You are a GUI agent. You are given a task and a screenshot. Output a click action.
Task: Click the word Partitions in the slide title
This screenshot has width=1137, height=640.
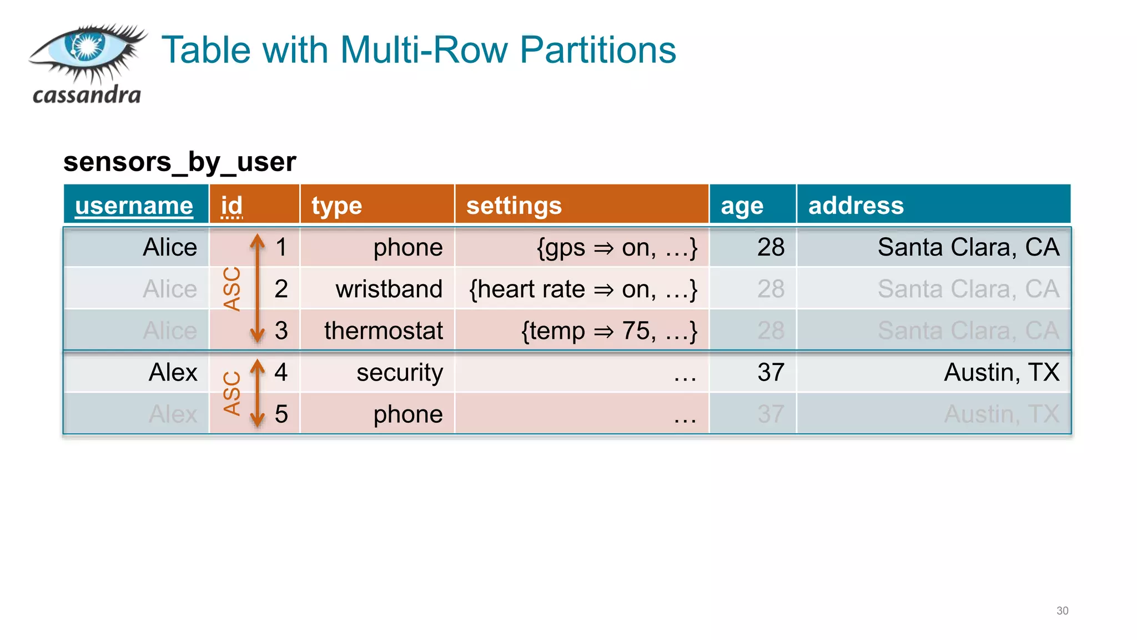click(x=597, y=50)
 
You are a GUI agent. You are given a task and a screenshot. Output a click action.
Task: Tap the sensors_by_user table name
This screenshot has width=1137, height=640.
click(x=179, y=162)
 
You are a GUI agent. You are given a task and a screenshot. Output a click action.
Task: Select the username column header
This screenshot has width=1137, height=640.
click(x=134, y=206)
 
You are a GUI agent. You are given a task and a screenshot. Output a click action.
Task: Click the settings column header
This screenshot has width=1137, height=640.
click(x=514, y=206)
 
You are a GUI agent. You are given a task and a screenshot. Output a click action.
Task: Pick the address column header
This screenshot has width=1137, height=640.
click(x=856, y=206)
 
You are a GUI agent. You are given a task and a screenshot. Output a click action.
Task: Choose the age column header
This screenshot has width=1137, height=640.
click(x=742, y=206)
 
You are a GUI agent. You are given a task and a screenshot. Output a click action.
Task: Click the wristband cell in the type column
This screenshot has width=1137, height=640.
click(x=389, y=289)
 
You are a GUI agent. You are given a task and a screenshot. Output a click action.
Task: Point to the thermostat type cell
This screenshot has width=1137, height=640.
click(x=383, y=331)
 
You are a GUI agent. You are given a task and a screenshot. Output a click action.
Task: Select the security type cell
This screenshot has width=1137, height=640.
click(x=399, y=372)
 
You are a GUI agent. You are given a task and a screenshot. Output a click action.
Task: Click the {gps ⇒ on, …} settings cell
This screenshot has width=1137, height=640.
click(x=616, y=247)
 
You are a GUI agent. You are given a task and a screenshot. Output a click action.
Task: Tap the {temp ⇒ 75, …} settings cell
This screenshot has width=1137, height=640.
click(x=608, y=331)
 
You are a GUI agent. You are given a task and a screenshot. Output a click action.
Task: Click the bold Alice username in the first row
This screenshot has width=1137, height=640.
click(x=169, y=247)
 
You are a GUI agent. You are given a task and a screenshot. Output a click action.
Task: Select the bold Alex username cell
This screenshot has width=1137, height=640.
click(x=173, y=372)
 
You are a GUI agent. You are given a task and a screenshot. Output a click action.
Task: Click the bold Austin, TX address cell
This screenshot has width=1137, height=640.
click(x=1002, y=372)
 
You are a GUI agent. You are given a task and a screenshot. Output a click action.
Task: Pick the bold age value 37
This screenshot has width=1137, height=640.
click(x=771, y=372)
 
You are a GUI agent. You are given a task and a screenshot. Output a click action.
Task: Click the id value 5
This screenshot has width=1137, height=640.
click(x=281, y=414)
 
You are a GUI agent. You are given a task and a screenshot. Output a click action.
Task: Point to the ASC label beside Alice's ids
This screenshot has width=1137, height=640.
click(x=232, y=289)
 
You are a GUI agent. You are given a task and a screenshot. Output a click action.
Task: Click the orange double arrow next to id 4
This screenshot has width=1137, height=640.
click(x=257, y=393)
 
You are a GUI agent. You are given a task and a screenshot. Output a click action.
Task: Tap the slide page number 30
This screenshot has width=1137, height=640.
click(x=1061, y=611)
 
